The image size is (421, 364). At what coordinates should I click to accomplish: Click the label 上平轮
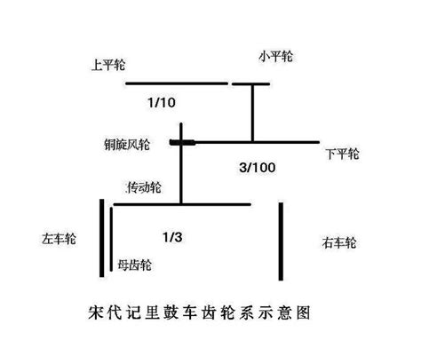pos(108,65)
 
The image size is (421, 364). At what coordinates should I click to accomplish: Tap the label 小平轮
pos(276,56)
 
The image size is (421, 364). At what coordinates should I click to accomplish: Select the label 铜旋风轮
pos(127,145)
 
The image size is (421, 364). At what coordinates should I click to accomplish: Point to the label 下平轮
pos(343,154)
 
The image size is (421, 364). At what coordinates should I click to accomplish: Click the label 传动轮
pos(143,187)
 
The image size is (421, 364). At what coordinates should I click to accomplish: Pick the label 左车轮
pos(59,239)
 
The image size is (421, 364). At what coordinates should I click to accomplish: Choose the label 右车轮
pos(339,242)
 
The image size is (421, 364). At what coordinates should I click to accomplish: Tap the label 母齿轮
pos(134,265)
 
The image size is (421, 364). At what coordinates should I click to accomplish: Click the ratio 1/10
pos(162,103)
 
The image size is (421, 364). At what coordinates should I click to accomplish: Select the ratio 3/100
pos(258,168)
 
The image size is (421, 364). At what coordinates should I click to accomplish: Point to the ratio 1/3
pos(172,237)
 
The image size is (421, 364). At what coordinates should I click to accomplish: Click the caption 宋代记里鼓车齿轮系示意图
pos(199,313)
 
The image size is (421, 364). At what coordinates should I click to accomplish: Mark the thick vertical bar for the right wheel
pos(281,241)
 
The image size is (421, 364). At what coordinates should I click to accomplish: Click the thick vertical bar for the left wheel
pos(102,238)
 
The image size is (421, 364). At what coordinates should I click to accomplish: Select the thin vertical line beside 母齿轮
pos(111,239)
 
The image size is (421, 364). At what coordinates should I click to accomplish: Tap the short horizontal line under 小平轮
pos(250,84)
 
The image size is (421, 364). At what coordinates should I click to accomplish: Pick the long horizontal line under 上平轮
pos(177,83)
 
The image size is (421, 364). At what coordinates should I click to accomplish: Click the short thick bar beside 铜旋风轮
pos(182,143)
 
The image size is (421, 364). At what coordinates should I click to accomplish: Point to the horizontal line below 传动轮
pos(182,204)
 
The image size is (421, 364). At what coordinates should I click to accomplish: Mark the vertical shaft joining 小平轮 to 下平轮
pos(252,113)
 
